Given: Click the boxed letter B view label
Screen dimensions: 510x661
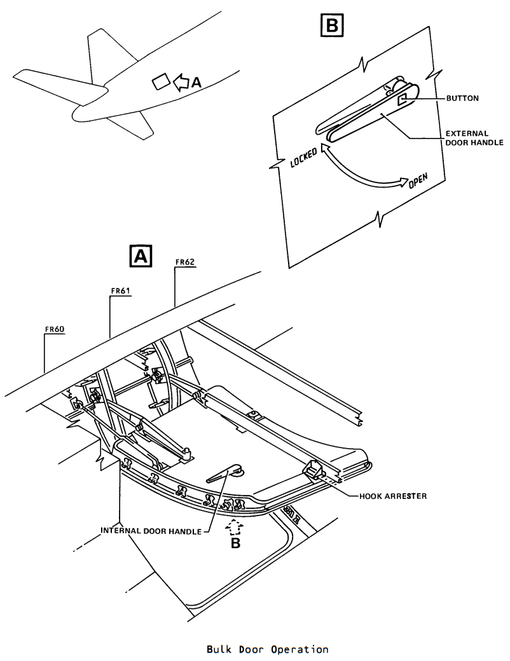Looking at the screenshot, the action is pyautogui.click(x=332, y=25).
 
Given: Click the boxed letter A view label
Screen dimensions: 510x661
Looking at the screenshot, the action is pyautogui.click(x=141, y=256).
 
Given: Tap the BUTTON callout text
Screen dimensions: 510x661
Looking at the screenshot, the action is pyautogui.click(x=462, y=99).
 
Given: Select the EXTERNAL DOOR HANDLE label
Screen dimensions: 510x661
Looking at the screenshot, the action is pyautogui.click(x=474, y=138).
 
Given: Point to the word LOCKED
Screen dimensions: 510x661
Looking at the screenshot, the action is pyautogui.click(x=304, y=158).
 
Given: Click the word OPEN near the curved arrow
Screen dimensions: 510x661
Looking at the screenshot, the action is pyautogui.click(x=418, y=181).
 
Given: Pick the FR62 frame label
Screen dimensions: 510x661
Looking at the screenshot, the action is pyautogui.click(x=185, y=262).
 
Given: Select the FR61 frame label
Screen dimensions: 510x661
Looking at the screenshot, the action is pyautogui.click(x=120, y=290).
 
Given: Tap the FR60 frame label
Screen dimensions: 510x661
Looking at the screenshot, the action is pyautogui.click(x=55, y=329).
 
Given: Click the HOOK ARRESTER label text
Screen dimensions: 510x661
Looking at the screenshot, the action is pyautogui.click(x=393, y=496).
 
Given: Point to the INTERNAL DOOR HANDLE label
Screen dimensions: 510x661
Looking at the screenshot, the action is pyautogui.click(x=151, y=531).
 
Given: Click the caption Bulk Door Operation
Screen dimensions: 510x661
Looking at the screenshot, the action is pyautogui.click(x=268, y=649).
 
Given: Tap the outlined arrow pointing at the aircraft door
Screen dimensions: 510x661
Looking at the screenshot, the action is pyautogui.click(x=181, y=82).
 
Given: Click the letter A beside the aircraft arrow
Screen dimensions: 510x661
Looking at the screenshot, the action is pyautogui.click(x=196, y=83).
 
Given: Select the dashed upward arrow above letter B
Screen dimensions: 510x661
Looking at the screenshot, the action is pyautogui.click(x=235, y=527).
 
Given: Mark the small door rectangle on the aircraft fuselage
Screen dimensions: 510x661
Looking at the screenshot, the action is pyautogui.click(x=161, y=81).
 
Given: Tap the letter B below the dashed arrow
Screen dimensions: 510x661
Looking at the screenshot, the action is pyautogui.click(x=235, y=543).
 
